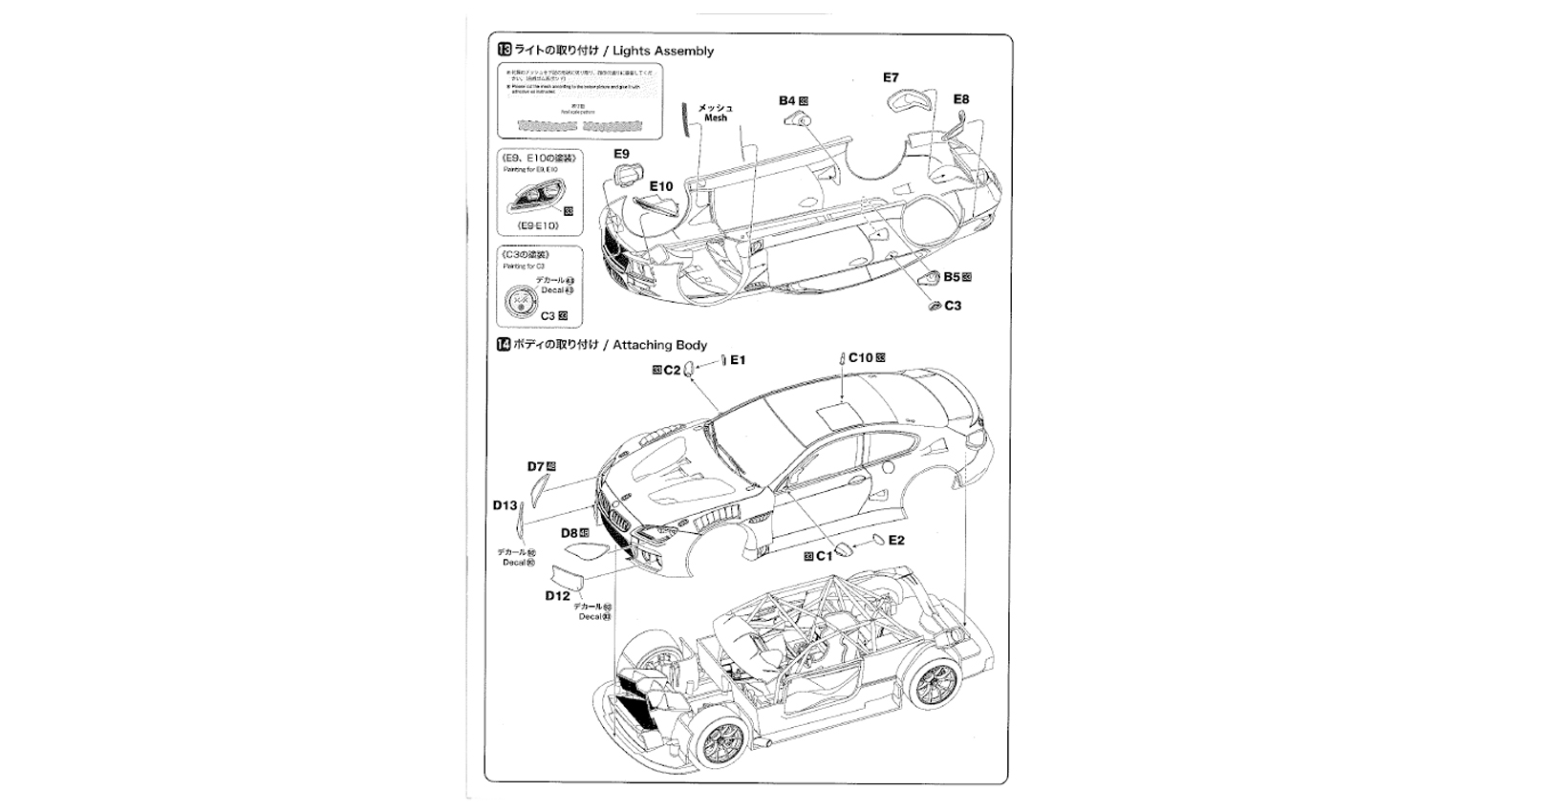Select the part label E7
(x=891, y=77)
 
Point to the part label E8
(x=960, y=99)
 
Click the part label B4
(x=787, y=100)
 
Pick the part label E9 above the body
(x=621, y=154)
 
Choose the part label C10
(x=860, y=358)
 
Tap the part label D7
(x=535, y=467)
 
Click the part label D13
(x=505, y=505)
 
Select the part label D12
(x=557, y=596)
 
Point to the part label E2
(x=896, y=541)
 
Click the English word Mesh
(x=716, y=118)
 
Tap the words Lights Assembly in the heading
(x=663, y=51)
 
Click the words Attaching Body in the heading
(x=659, y=345)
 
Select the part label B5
(x=951, y=277)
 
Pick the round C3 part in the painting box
(x=522, y=302)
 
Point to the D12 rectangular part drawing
(x=572, y=579)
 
